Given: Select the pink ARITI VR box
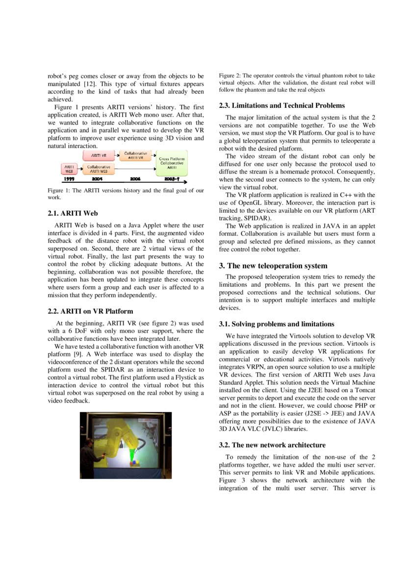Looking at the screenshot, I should coord(99,155).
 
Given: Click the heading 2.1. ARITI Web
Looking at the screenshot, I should coord(73,213).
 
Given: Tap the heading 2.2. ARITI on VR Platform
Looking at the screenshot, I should coord(90,311).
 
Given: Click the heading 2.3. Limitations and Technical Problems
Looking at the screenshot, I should coord(281,105).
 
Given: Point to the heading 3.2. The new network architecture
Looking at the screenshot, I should coord(272,445).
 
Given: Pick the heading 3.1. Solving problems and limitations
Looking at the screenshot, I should coord(277,324).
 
